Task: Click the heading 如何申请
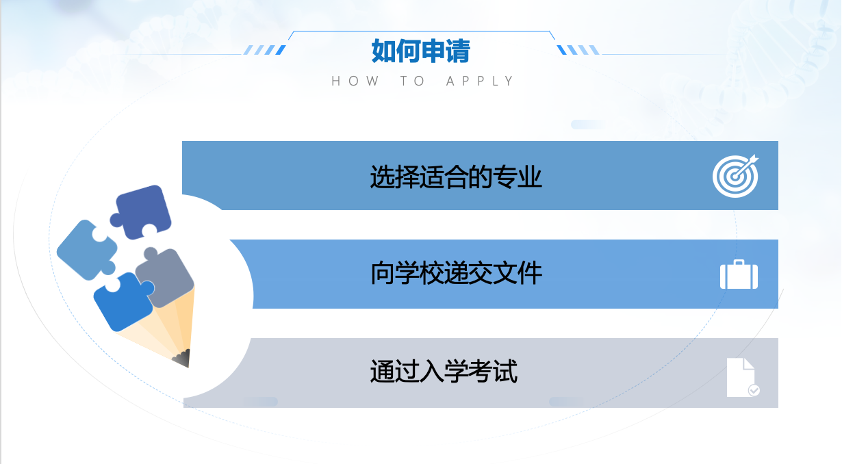point(420,51)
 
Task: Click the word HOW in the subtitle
point(355,81)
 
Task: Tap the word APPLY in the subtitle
point(479,81)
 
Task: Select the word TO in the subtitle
point(412,81)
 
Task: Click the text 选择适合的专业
point(456,177)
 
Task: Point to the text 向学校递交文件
point(457,273)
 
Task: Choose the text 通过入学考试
point(444,371)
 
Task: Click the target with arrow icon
point(736,176)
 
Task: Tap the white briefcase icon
point(739,274)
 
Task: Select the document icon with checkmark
point(742,377)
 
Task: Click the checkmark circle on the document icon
point(754,390)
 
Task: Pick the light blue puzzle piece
point(86,250)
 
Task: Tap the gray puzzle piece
point(166,277)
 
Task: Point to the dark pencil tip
point(183,359)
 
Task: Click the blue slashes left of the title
point(265,50)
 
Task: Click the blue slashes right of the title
point(578,50)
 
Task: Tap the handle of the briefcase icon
point(739,262)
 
